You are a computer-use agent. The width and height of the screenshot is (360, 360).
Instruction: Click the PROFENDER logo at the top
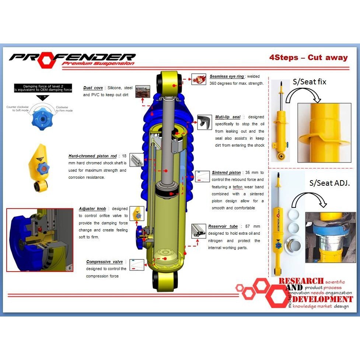tap(72, 58)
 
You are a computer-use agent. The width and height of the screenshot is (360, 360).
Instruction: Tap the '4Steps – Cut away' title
tap(308, 57)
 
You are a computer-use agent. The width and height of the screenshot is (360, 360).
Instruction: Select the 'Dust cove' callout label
tap(93, 88)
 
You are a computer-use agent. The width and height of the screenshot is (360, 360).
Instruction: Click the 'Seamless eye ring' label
tap(227, 77)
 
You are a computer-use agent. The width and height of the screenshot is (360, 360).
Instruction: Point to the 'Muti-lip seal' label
tap(228, 117)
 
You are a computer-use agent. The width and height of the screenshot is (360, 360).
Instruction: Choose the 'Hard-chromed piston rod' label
tap(92, 156)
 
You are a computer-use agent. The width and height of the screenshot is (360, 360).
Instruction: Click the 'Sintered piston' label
tap(226, 172)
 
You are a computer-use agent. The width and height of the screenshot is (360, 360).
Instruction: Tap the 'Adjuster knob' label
tap(92, 209)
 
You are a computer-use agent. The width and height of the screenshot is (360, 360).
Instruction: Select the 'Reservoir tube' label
tap(223, 227)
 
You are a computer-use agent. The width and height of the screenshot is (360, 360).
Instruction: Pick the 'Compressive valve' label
tap(105, 262)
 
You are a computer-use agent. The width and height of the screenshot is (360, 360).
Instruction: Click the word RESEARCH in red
tap(301, 281)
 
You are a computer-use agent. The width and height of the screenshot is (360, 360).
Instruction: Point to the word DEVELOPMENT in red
tap(323, 299)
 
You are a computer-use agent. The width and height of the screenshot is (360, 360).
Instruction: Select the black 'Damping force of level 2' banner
tap(43, 88)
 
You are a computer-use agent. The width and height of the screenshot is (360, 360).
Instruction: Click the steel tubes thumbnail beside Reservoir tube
tap(199, 231)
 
